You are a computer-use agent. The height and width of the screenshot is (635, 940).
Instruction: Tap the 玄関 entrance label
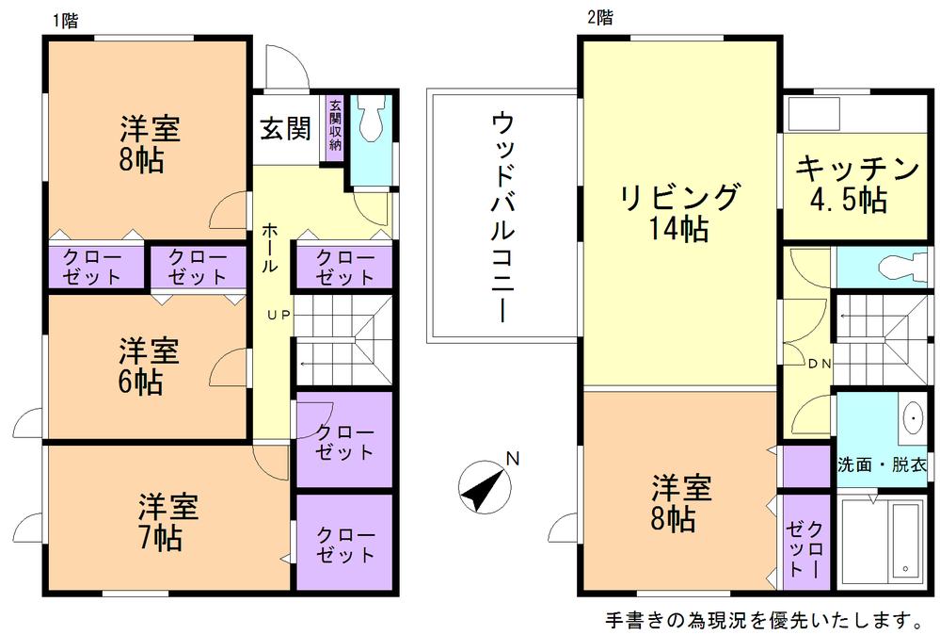pos(285,129)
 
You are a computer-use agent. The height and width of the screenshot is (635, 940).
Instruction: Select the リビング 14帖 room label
pos(679,212)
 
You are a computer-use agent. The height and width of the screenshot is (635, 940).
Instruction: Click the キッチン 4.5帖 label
pos(856,185)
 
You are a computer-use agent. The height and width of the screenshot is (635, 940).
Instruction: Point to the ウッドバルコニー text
pos(502,217)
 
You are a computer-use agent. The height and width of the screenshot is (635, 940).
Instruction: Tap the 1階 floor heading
pos(65,20)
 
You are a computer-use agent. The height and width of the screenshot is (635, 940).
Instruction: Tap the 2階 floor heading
pos(599,17)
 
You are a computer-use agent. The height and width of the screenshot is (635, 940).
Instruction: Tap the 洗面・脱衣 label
pos(883,465)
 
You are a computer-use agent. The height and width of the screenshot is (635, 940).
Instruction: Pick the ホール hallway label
pos(269,248)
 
